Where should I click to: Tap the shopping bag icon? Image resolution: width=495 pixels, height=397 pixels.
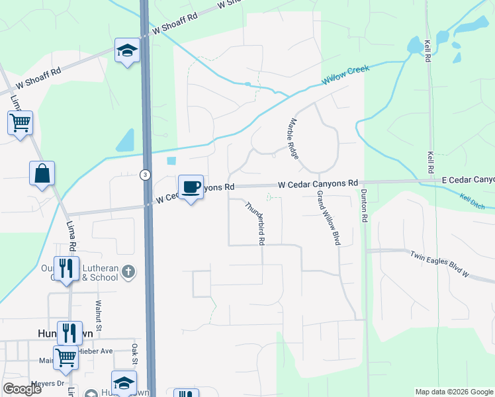[x=42, y=174]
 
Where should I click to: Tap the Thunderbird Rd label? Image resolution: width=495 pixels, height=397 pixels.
[x=255, y=224]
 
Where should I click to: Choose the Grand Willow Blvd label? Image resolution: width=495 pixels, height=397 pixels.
[x=328, y=218]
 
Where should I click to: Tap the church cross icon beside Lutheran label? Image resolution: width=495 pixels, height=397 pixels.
[x=128, y=271]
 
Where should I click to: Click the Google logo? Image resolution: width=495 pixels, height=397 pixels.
[x=22, y=390]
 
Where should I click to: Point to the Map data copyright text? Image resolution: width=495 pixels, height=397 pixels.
[x=453, y=392]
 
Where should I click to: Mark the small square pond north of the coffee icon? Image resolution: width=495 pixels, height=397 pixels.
[x=172, y=161]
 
